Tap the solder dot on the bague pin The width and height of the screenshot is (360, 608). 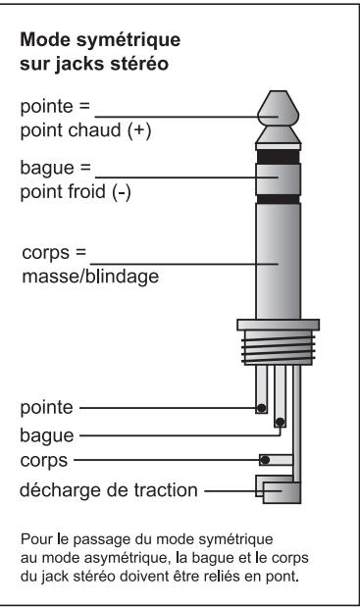(x=280, y=423)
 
